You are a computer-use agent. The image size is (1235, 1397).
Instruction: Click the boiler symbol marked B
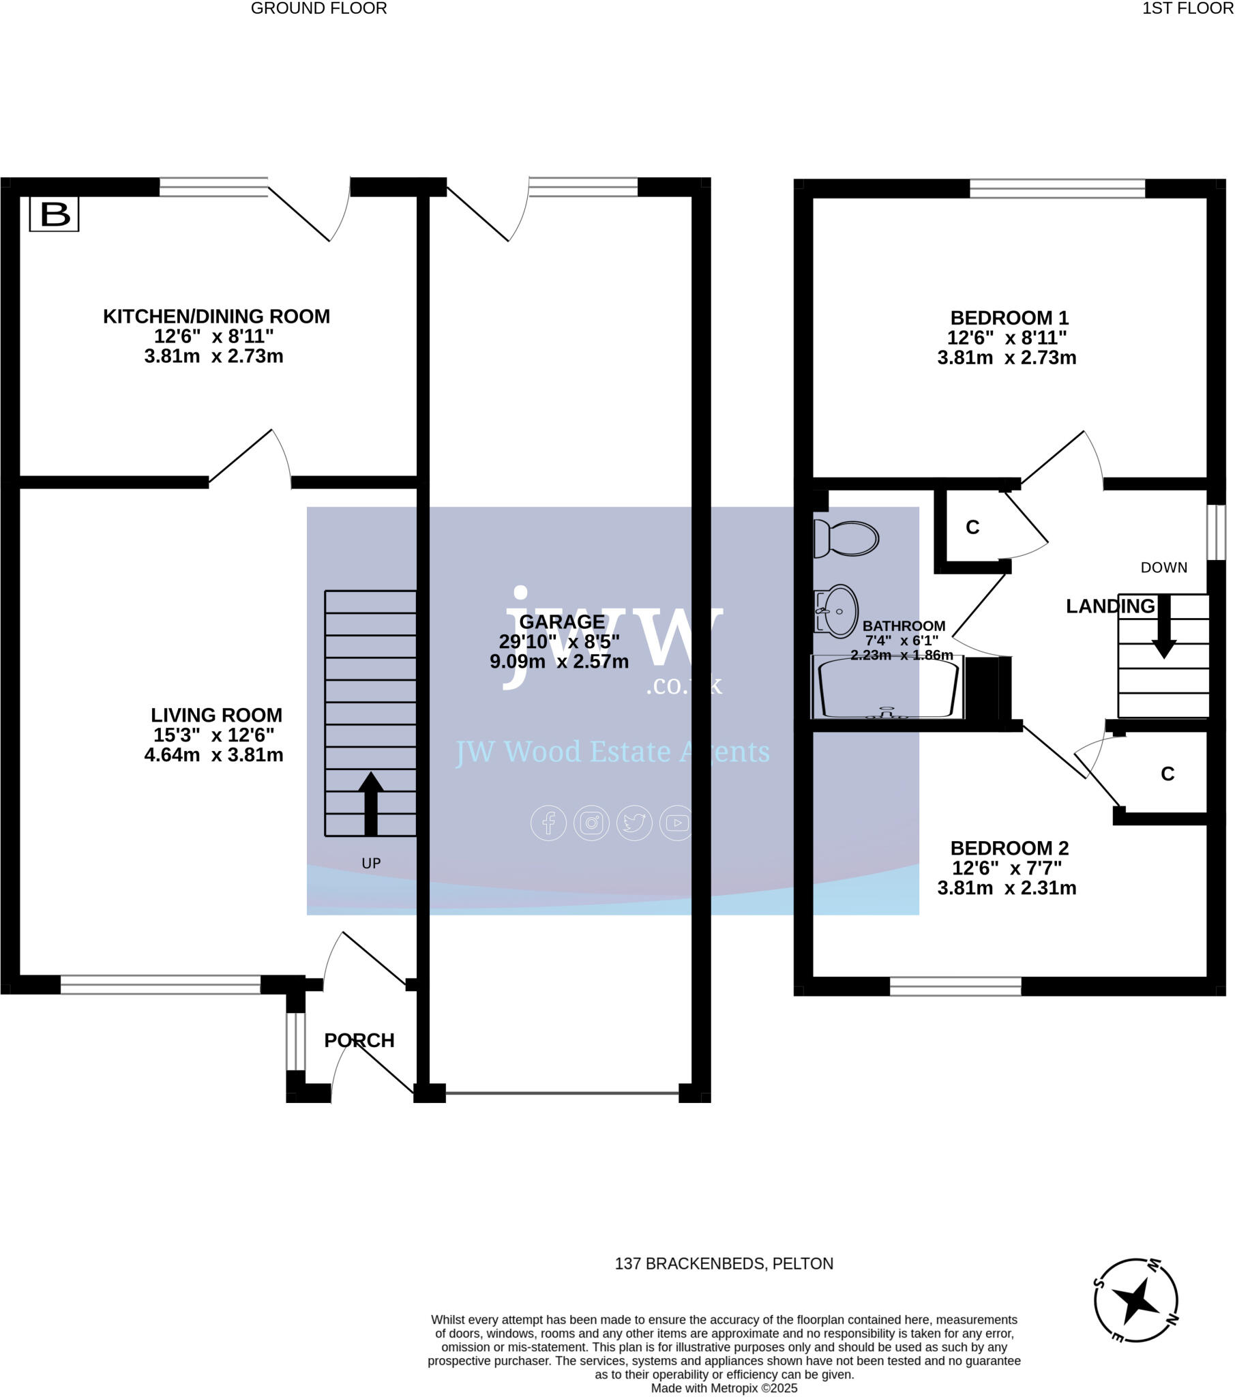click(54, 214)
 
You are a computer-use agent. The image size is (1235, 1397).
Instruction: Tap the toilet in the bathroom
click(846, 539)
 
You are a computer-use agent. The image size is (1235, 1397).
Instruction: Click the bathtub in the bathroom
click(887, 688)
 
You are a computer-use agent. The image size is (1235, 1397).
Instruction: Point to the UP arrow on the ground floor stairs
click(370, 803)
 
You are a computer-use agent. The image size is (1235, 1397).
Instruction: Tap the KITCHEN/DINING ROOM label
click(216, 317)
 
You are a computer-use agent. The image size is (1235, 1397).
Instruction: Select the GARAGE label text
click(562, 622)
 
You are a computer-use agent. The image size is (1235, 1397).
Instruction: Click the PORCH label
click(359, 1040)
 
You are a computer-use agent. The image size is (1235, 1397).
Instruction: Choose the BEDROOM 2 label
click(1009, 848)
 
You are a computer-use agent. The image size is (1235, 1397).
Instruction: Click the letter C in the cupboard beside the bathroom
click(972, 527)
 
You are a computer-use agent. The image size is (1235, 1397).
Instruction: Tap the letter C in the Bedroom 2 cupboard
click(1167, 774)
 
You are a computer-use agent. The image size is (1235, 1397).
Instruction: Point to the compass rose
click(1135, 1300)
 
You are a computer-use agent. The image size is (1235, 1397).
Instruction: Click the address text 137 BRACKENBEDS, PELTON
click(724, 1264)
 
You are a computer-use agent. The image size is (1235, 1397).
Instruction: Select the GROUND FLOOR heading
click(318, 8)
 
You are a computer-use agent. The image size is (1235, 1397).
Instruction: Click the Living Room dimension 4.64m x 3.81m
click(213, 755)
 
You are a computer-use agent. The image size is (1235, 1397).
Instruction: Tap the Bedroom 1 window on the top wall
click(1056, 188)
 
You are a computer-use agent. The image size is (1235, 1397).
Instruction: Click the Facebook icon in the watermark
click(548, 823)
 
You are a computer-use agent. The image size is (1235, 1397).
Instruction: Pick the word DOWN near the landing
click(1163, 568)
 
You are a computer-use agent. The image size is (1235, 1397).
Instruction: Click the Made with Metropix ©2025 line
click(724, 1388)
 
